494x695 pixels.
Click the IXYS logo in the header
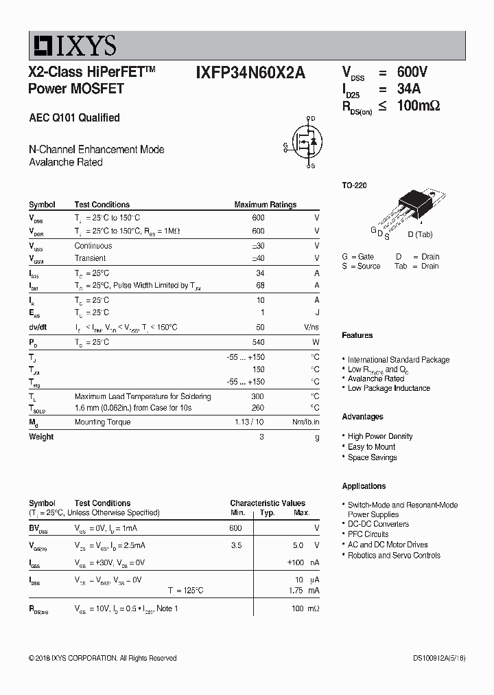tap(73, 45)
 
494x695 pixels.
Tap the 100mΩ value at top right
tap(418, 106)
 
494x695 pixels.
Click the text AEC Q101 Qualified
tap(74, 117)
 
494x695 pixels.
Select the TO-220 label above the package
tap(354, 185)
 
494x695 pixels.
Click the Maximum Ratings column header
tap(265, 205)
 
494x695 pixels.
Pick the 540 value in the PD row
tap(258, 342)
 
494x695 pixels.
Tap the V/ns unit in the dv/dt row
tap(311, 328)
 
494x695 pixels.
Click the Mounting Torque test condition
tap(102, 422)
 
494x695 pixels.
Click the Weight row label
tap(41, 437)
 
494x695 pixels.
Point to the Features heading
tap(357, 335)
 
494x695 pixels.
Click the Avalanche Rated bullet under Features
tap(376, 378)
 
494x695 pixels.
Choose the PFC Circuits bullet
tap(368, 534)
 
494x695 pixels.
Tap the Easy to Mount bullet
tap(371, 446)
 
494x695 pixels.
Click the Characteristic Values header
tap(268, 503)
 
